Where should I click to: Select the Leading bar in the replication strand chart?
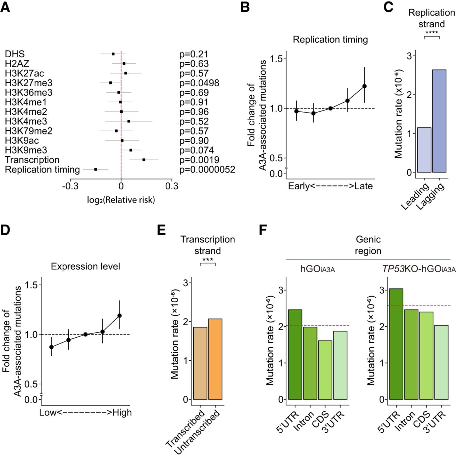click(x=424, y=150)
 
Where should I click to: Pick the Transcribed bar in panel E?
click(x=200, y=363)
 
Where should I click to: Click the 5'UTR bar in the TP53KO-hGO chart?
click(x=396, y=344)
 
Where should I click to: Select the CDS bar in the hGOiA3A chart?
click(x=325, y=370)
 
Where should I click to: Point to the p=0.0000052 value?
click(x=207, y=170)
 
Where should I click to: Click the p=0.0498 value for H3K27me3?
click(x=199, y=83)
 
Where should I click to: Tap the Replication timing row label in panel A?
click(x=42, y=170)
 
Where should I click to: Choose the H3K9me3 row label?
click(x=26, y=150)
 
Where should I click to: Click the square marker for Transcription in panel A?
click(x=144, y=160)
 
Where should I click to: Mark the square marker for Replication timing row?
click(x=96, y=169)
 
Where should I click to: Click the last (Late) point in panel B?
click(x=364, y=86)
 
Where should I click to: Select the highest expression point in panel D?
click(x=120, y=316)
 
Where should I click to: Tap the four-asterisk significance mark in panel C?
click(x=432, y=33)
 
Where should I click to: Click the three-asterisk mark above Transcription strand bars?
click(x=208, y=260)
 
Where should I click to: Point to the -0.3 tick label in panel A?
click(x=70, y=186)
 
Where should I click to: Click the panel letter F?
click(x=263, y=230)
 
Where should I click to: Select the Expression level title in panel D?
click(x=86, y=267)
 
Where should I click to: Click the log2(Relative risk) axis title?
click(x=121, y=200)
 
